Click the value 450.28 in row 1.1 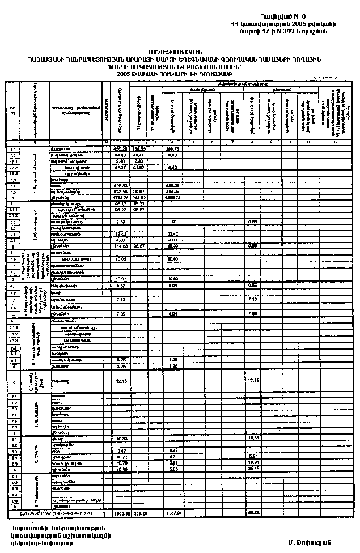click(x=120, y=148)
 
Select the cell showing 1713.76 click(x=120, y=198)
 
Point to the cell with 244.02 click(x=139, y=198)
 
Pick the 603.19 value click(x=120, y=192)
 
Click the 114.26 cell click(x=120, y=246)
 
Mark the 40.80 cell click(x=120, y=469)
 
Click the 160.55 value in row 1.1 click(x=139, y=148)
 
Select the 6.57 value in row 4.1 click(x=120, y=286)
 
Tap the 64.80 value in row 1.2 click(x=120, y=155)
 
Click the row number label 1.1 click(x=12, y=148)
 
